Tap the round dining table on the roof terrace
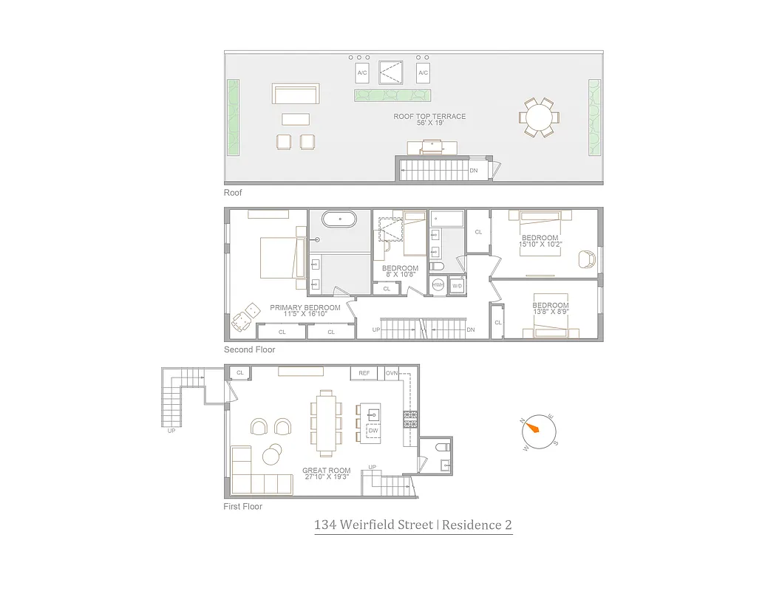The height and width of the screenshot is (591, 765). [539, 117]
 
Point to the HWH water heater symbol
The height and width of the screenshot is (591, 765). [438, 284]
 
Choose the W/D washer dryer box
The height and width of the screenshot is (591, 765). [457, 285]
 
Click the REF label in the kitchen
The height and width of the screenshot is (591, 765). [364, 373]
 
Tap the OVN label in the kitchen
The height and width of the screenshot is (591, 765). [392, 373]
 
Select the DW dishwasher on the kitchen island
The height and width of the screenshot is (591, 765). [373, 430]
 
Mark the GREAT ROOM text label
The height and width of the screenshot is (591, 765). [326, 471]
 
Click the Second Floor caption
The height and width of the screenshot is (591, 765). [249, 349]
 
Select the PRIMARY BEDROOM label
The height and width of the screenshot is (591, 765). [305, 307]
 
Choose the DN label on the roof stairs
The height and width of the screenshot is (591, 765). [473, 171]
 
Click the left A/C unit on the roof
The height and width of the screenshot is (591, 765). [362, 73]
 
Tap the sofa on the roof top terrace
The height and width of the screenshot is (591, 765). [295, 94]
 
